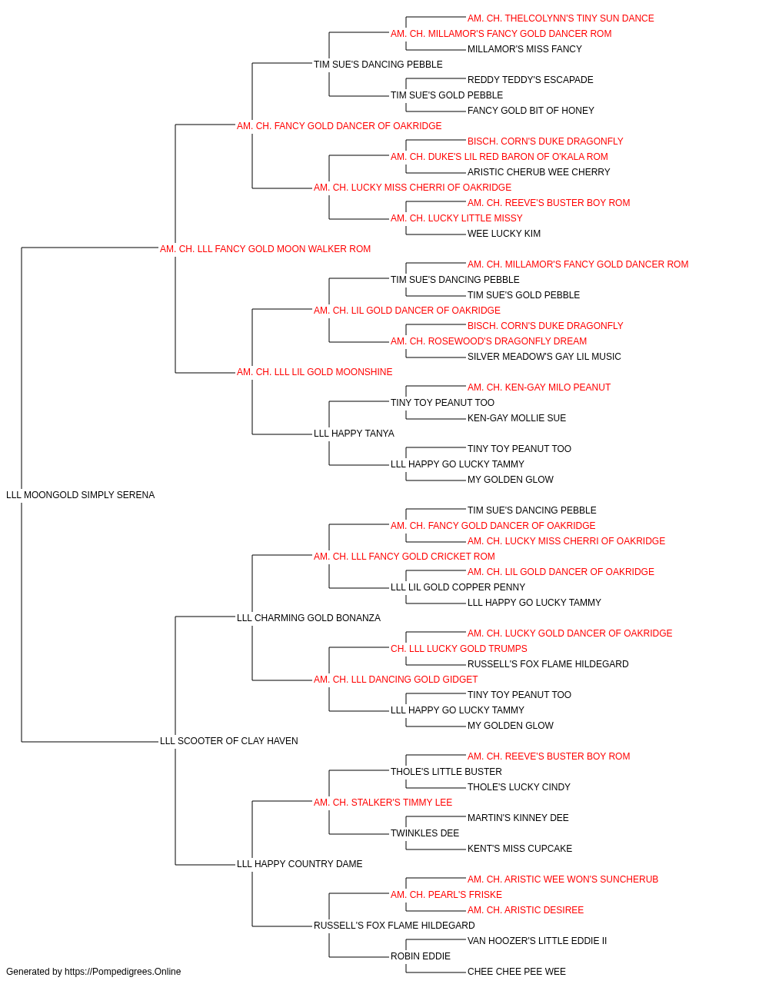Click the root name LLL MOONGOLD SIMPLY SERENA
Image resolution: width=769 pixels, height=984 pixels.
pos(80,495)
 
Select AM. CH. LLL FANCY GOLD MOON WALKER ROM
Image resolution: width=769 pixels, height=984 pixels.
pos(265,249)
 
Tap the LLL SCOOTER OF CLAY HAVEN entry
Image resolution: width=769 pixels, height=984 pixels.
pos(228,741)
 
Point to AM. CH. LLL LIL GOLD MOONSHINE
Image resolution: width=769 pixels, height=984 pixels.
pos(315,372)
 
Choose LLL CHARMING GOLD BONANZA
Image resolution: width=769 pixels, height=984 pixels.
pos(308,618)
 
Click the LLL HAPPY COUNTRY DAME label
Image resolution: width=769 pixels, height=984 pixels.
pos(299,864)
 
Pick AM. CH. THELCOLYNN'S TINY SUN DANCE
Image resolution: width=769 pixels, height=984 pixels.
pos(561,18)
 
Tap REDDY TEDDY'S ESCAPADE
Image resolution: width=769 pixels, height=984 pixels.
pos(530,80)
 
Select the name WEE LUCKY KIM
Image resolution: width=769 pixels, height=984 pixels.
pos(504,234)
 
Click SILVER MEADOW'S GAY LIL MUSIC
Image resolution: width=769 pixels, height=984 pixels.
pos(544,357)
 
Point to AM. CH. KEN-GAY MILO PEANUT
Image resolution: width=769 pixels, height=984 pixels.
pos(538,387)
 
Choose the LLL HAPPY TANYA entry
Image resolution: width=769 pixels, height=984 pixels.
pos(354,434)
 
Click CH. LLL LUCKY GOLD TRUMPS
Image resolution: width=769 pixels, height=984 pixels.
pos(459,649)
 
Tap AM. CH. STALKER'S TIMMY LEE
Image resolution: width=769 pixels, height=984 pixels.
pos(383,803)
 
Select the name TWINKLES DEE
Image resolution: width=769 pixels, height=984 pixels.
pos(424,833)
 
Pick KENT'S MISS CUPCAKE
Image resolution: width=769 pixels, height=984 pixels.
pos(520,849)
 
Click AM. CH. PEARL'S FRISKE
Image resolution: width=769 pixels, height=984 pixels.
pos(446,895)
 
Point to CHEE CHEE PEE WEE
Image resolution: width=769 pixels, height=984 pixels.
pos(516,972)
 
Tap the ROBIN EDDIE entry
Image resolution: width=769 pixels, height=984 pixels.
pos(421,956)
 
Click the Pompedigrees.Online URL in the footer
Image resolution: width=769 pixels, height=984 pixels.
pos(122,972)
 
